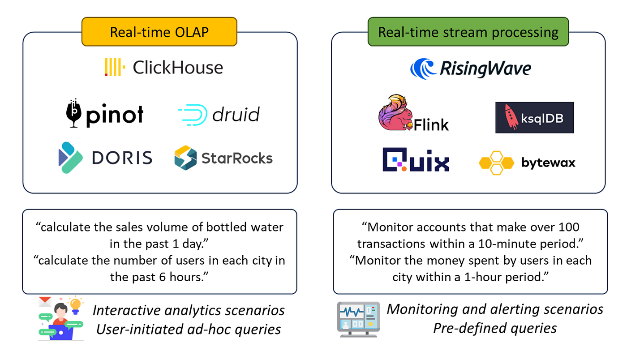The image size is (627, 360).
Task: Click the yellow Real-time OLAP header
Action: point(160,32)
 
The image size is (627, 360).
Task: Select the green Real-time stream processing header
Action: point(468,32)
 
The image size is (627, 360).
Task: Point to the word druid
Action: point(236,115)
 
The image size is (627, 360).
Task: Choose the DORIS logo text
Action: point(122,158)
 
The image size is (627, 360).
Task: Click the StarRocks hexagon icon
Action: point(185,158)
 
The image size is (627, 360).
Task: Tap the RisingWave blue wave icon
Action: point(423,69)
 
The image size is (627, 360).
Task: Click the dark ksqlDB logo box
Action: point(534,117)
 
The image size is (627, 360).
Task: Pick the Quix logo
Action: point(416,160)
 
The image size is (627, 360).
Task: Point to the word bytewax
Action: point(548,163)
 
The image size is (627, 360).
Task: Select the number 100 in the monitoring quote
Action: point(579,227)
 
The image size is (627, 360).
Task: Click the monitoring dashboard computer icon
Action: point(358,319)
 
